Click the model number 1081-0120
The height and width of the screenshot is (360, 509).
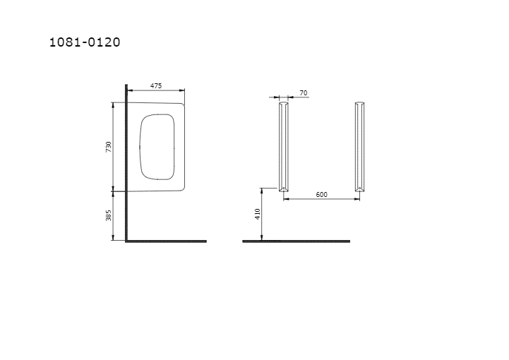85,42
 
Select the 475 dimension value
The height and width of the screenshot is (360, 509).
156,85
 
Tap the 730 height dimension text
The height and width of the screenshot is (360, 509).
109,147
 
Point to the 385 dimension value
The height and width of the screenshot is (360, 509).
109,215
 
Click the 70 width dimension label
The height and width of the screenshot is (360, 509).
303,93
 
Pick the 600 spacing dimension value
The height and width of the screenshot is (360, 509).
321,194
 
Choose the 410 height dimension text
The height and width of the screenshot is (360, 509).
258,214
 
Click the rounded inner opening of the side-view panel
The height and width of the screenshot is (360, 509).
140,147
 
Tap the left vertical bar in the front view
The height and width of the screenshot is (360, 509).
283,147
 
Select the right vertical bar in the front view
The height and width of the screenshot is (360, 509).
359,147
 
